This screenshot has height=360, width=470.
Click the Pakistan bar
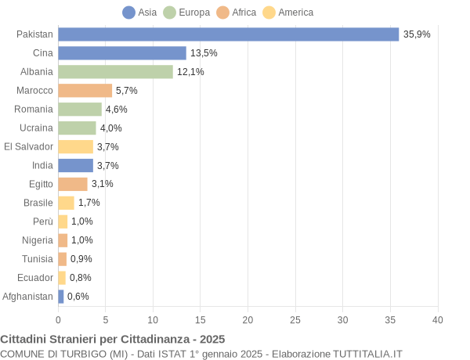coord(228,34)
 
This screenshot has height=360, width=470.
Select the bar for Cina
coord(122,53)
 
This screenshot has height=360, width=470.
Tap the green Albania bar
coord(115,72)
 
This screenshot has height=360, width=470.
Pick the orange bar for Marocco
coord(85,91)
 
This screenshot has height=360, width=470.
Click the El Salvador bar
coord(75,146)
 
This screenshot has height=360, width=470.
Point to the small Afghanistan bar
coord(60,297)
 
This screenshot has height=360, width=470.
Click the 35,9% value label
coord(417,34)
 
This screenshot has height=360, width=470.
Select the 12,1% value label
coord(190,72)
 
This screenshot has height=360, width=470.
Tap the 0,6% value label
coord(78,297)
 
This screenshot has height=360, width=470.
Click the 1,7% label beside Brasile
coord(89,203)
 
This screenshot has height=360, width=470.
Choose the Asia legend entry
coord(139,13)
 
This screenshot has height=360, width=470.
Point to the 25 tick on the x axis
coord(295,319)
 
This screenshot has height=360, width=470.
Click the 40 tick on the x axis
coord(437,319)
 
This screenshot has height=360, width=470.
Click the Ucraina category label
coord(36,128)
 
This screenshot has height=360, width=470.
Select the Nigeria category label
coord(38,240)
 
